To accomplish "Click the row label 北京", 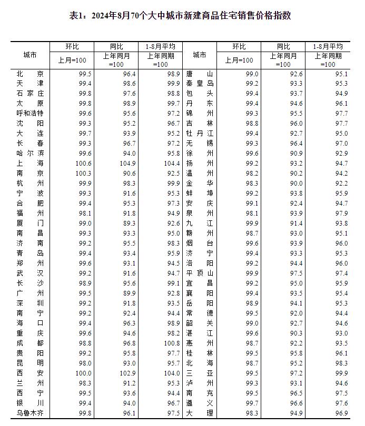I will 29,74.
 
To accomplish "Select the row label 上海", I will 29,164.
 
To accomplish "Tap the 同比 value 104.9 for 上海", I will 127,164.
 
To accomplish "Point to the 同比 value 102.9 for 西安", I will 127,373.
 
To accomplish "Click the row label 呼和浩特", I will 29,114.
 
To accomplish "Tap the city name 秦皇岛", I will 200,84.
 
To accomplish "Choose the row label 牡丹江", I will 200,134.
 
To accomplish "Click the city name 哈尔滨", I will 29,154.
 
